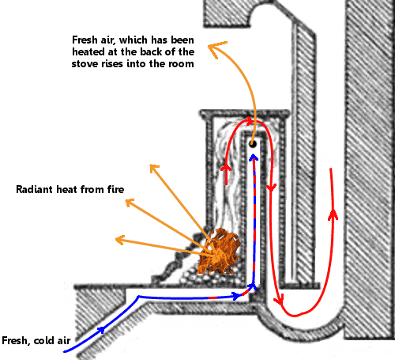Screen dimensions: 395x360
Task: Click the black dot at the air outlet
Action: tap(253, 144)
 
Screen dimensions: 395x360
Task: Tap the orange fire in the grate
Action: tap(219, 252)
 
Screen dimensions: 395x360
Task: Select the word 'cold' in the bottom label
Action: tap(43, 340)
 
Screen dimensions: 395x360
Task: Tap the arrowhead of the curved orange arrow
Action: tap(216, 49)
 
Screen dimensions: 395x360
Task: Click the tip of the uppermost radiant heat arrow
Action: tap(150, 165)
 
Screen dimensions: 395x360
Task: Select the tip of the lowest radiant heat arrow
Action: tap(116, 239)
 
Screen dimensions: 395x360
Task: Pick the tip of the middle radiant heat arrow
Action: tap(126, 200)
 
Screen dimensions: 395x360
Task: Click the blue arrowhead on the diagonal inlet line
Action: tap(101, 330)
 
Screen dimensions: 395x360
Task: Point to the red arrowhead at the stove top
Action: tap(250, 121)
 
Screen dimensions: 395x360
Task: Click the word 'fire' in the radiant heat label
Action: tap(115, 189)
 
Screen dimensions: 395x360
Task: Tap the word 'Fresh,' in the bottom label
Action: tap(16, 340)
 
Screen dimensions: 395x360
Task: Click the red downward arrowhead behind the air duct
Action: tap(271, 188)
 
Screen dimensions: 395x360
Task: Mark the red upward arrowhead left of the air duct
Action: tap(226, 168)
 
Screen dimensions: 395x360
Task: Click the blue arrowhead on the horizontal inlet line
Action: tap(236, 295)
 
